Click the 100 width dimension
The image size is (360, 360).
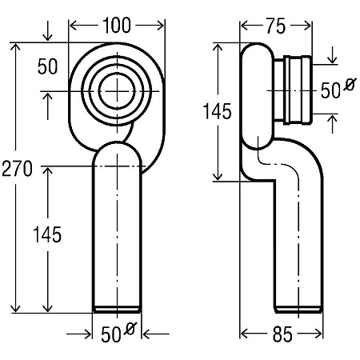[117, 26]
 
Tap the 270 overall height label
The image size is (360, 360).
[17, 169]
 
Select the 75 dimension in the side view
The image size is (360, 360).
[276, 26]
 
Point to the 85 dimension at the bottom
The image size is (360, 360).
[282, 334]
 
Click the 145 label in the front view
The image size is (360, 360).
[47, 234]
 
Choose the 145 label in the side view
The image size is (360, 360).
[217, 111]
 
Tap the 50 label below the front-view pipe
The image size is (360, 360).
[111, 334]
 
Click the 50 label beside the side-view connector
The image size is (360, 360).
[330, 90]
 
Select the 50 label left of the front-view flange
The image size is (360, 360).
[47, 66]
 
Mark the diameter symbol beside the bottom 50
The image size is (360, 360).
[130, 329]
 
